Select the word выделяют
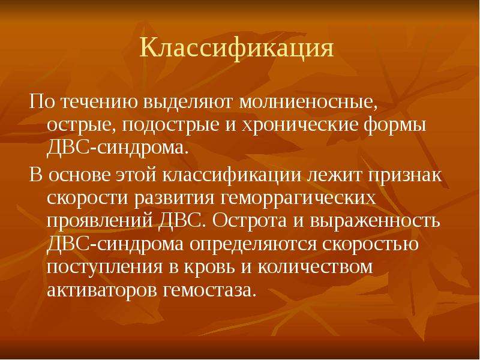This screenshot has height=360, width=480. pyautogui.click(x=188, y=103)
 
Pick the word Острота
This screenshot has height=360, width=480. pyautogui.click(x=250, y=221)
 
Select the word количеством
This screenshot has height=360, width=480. pyautogui.click(x=316, y=268)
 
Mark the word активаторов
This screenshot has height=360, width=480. pyautogui.click(x=103, y=290)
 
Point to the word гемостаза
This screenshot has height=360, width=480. pyautogui.click(x=209, y=290)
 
